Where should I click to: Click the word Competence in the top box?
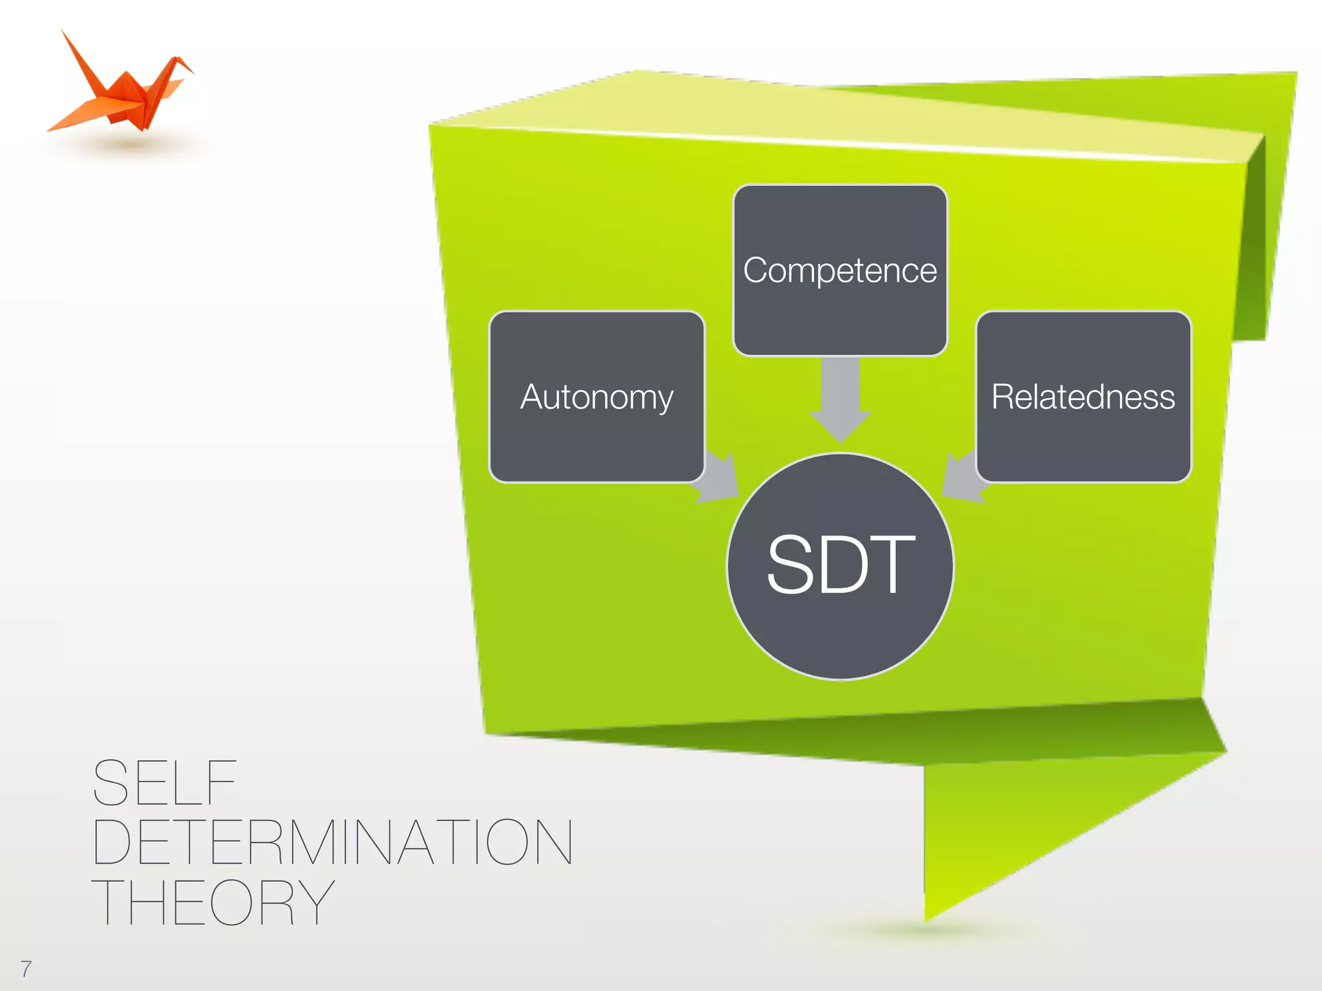pos(840,270)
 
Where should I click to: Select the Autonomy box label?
pos(596,396)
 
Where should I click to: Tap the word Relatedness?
pos(1083,396)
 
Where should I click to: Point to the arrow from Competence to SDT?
pos(840,400)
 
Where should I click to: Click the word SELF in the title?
pos(165,783)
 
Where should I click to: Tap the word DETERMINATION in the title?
pos(332,842)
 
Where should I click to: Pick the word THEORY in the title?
pos(213,902)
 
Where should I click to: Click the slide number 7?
pos(26,968)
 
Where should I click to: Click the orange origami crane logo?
pos(123,90)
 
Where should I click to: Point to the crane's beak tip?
pos(192,70)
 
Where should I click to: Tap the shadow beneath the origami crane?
pos(129,143)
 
